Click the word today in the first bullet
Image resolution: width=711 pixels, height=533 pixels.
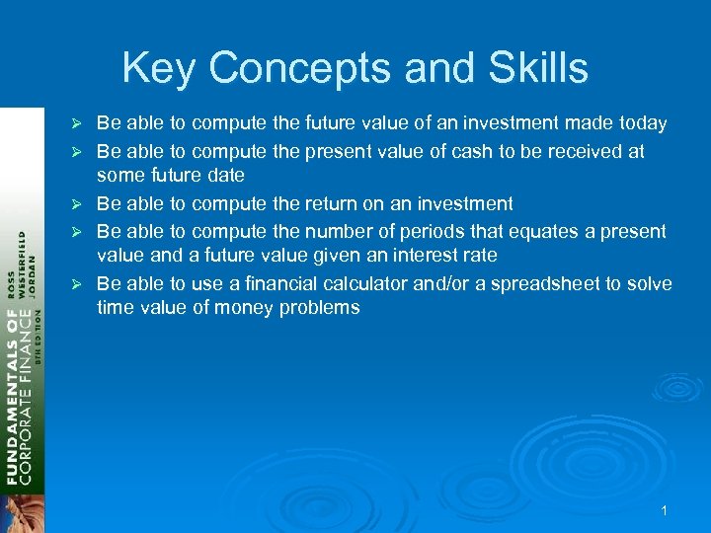(x=641, y=123)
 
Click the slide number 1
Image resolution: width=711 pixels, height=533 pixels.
(x=665, y=510)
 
